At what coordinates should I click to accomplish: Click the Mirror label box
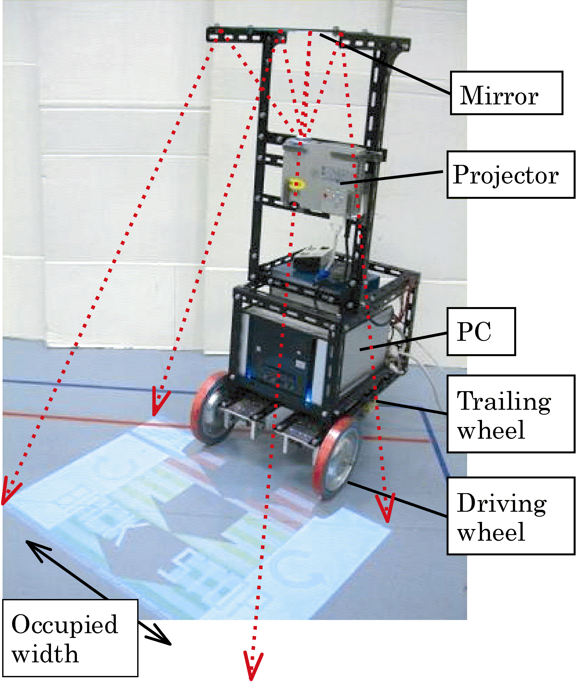coord(506,93)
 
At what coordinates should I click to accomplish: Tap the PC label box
coord(481,331)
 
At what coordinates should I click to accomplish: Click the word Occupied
coord(65,624)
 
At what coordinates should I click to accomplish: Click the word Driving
coord(501,503)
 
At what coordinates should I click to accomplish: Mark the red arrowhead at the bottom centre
coord(253,666)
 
